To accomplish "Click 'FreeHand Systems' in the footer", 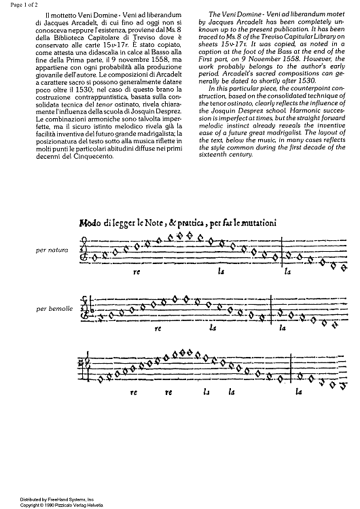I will point(51,499).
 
